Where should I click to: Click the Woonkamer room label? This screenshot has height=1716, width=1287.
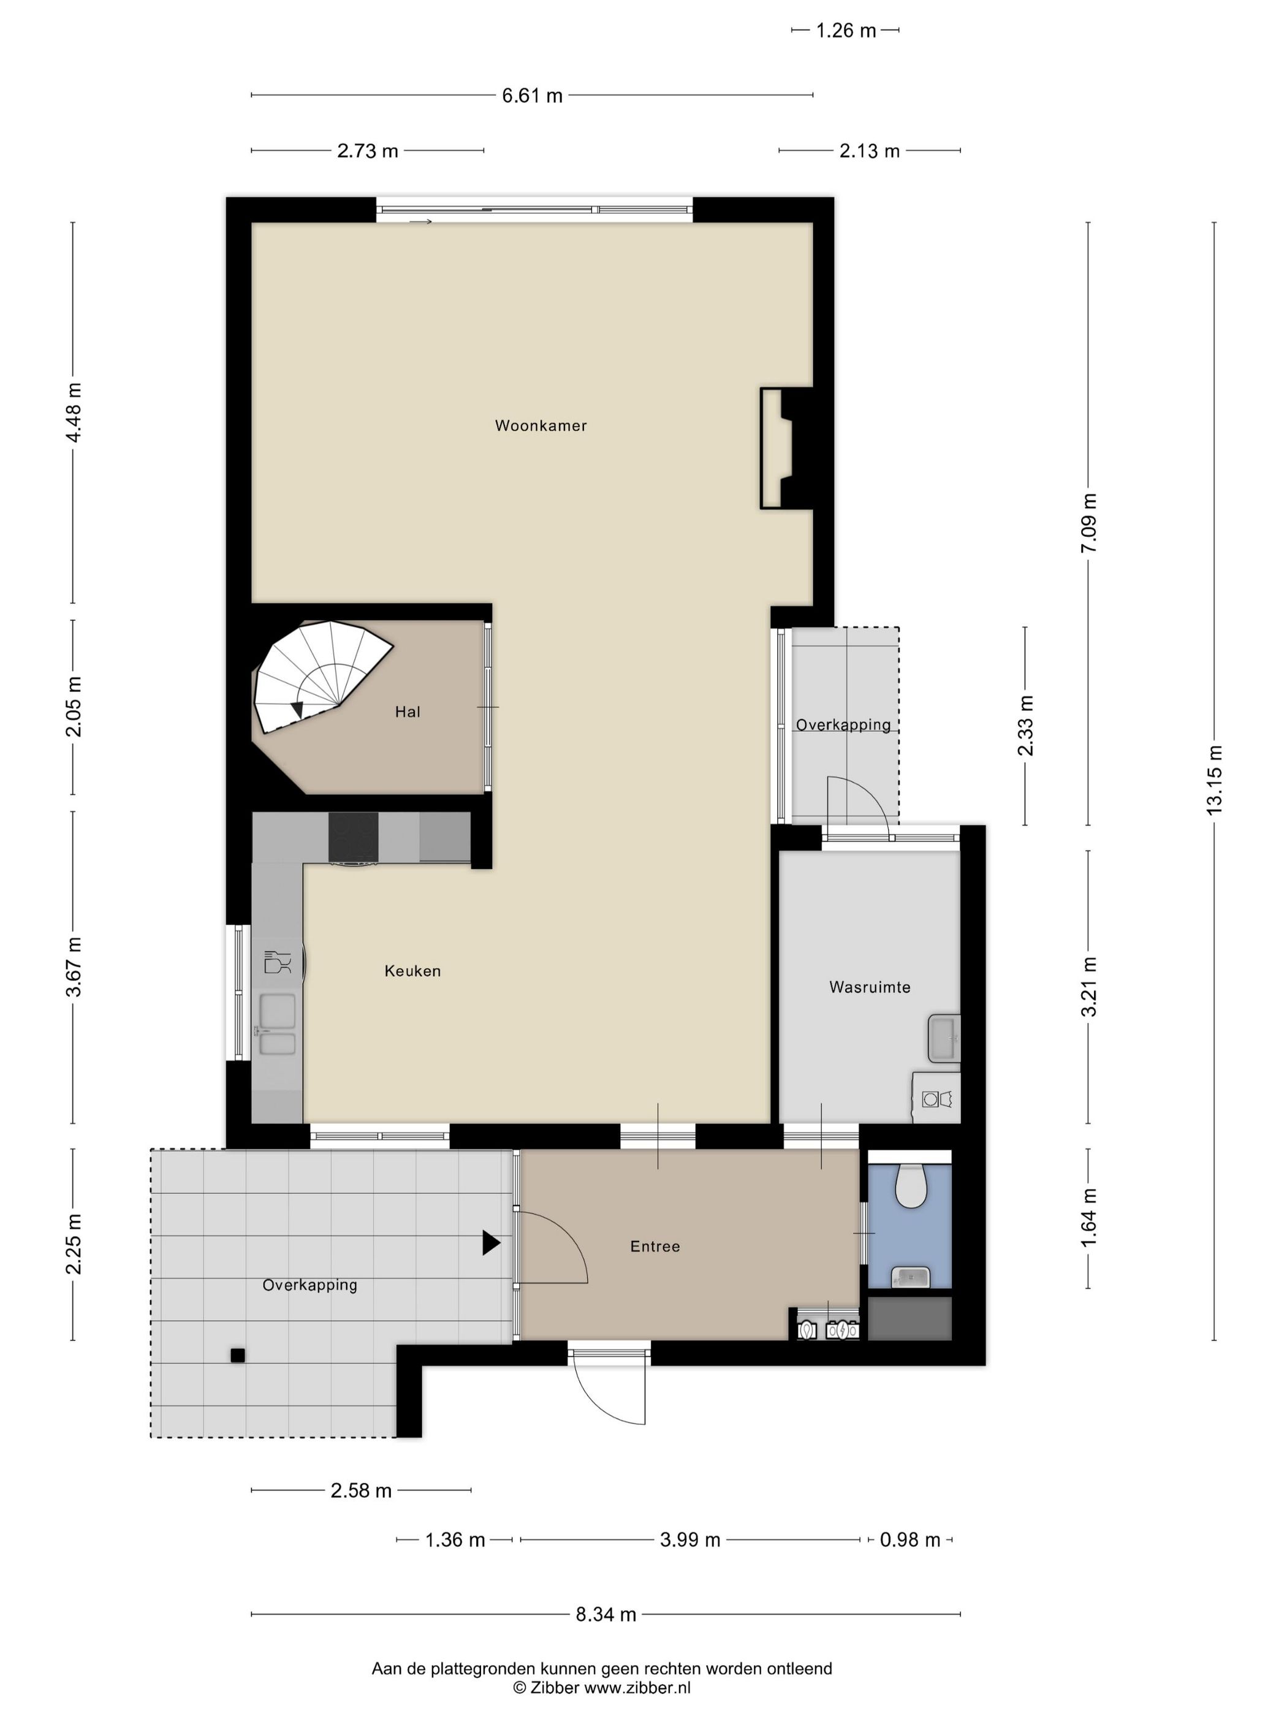[541, 425]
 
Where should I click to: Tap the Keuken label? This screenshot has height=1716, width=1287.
[412, 971]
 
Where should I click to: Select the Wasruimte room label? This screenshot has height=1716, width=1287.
[869, 987]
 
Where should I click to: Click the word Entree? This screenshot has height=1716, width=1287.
[655, 1246]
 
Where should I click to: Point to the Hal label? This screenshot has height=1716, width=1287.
[408, 712]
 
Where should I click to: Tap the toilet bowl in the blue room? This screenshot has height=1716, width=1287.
[909, 1185]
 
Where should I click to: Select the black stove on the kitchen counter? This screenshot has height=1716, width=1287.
[353, 837]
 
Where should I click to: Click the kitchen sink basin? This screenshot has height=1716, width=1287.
[277, 1012]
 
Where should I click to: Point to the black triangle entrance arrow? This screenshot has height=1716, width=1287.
[490, 1242]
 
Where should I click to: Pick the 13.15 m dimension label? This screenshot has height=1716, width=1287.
[1213, 779]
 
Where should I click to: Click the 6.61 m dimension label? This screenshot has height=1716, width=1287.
[532, 96]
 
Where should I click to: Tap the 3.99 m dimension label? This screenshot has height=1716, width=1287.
[689, 1539]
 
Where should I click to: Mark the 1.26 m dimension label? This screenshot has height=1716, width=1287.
[846, 30]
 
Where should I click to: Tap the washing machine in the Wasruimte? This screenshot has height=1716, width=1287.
[936, 1098]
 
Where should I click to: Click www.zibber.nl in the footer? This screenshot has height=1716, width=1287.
[637, 1687]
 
